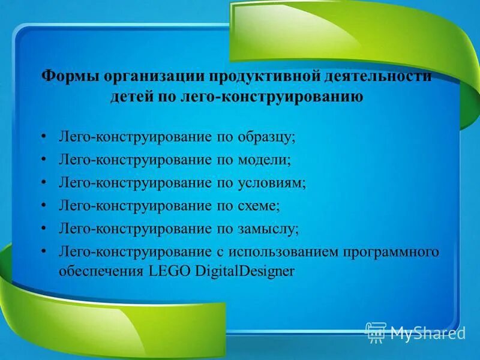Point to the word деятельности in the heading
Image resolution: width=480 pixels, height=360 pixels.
(377, 77)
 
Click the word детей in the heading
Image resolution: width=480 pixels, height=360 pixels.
(128, 97)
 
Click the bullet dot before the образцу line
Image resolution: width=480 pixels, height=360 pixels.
(44, 137)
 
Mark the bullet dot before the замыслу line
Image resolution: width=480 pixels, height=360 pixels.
(44, 228)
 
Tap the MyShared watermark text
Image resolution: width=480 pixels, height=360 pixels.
(428, 332)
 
